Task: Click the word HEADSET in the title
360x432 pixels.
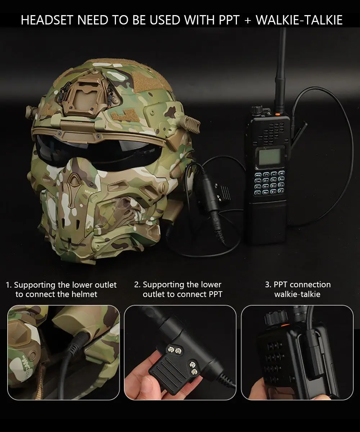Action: coord(48,20)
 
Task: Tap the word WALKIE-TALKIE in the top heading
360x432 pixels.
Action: coord(299,20)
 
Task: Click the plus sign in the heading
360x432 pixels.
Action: coord(247,21)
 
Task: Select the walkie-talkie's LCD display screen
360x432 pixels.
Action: coord(270,157)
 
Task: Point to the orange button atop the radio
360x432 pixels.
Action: coord(277,114)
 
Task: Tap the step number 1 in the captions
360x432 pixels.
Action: coord(8,285)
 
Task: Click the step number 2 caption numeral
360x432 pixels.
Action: coord(137,285)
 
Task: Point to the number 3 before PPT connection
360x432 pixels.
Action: coord(268,285)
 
